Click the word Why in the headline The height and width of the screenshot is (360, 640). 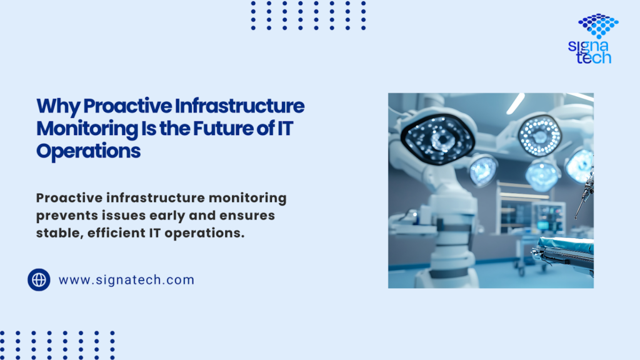[x=58, y=106]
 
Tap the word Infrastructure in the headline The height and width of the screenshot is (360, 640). [x=239, y=106]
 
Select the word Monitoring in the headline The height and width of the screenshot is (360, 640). [x=87, y=129]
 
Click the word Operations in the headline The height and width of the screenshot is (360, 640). [x=89, y=151]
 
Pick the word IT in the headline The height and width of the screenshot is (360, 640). [x=285, y=128]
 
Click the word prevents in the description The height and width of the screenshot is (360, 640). [x=67, y=216]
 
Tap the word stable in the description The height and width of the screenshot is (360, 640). [x=59, y=232]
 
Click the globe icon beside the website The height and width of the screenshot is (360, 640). [x=39, y=279]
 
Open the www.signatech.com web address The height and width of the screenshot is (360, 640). [x=126, y=280]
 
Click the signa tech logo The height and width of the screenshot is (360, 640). [x=594, y=39]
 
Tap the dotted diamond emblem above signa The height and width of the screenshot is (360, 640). [x=598, y=25]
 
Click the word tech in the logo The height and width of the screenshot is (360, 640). [x=594, y=57]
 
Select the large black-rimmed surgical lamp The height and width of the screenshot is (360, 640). [x=437, y=138]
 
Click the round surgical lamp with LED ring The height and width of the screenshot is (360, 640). [x=539, y=136]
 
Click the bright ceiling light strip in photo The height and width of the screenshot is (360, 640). [x=516, y=103]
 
